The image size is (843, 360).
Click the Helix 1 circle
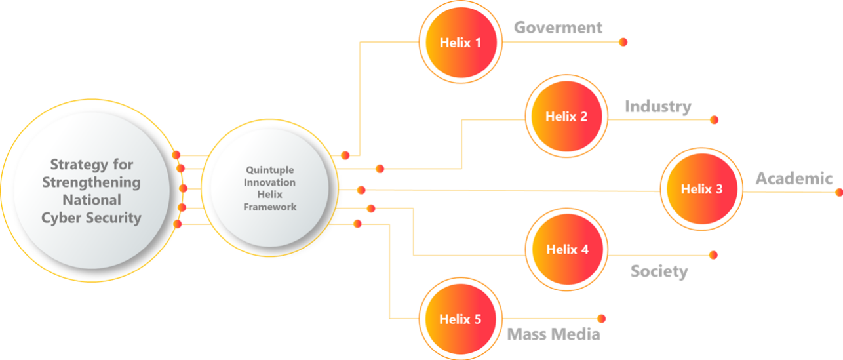(460, 43)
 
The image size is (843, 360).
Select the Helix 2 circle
(566, 117)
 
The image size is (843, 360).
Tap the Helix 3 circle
(701, 189)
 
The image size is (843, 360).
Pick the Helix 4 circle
(566, 250)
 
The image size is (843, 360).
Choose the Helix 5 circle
(460, 319)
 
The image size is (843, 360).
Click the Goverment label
(558, 28)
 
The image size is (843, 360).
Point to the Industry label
(657, 106)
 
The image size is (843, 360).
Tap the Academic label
(793, 178)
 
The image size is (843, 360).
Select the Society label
(659, 271)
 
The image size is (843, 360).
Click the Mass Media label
(553, 334)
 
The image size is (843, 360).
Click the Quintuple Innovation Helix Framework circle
(269, 188)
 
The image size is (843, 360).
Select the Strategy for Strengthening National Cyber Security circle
(91, 191)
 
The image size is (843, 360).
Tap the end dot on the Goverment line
(623, 42)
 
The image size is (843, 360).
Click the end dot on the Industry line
(714, 120)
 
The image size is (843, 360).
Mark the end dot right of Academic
(838, 192)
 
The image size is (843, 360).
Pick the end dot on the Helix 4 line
(713, 254)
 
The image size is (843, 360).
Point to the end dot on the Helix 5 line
(601, 319)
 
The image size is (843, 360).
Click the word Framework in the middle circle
(270, 207)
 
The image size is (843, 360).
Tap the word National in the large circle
(91, 200)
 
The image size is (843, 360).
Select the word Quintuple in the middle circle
(270, 170)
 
